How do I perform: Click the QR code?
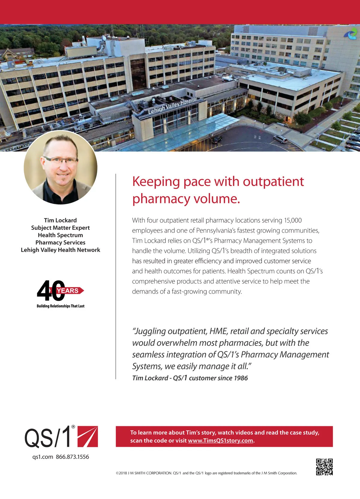[324, 467]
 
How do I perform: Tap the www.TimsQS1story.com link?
[221, 441]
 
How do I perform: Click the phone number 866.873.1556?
[72, 457]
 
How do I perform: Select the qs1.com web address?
[43, 457]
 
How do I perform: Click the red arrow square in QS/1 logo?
[88, 436]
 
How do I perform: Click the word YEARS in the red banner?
[68, 291]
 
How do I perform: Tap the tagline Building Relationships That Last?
[60, 306]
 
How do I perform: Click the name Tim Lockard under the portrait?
[60, 220]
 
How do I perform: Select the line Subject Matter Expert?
[60, 228]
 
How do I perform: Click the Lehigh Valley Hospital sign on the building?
[172, 106]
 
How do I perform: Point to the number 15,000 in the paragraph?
[293, 220]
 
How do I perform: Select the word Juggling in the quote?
[150, 331]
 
